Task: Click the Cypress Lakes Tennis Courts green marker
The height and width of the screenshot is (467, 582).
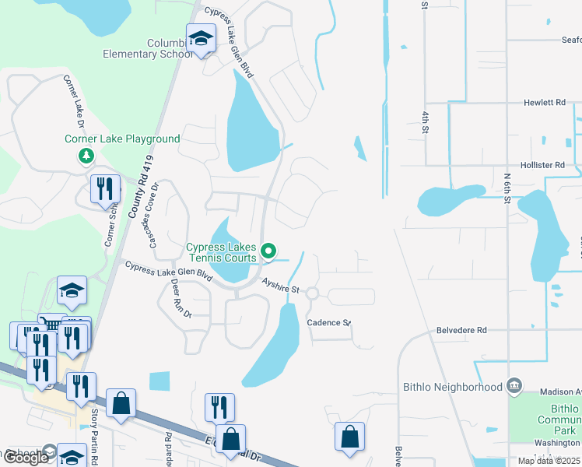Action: tap(269, 251)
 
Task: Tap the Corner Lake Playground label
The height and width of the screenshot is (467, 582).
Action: tap(122, 139)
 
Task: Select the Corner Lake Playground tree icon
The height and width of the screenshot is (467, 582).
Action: tap(86, 156)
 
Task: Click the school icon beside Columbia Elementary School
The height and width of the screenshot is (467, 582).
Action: tap(200, 39)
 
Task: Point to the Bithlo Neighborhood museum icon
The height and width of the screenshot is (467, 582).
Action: tap(514, 386)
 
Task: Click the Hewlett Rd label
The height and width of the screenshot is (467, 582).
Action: tap(544, 102)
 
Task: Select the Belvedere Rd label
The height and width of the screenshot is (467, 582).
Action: tap(461, 330)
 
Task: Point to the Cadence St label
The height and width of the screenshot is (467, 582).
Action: tap(329, 322)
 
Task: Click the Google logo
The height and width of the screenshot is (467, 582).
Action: tap(25, 457)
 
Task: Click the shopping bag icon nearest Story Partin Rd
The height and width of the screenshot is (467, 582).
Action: tap(121, 404)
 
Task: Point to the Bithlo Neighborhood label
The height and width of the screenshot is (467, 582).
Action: tap(453, 387)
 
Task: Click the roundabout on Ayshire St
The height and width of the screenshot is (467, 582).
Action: tap(312, 293)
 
